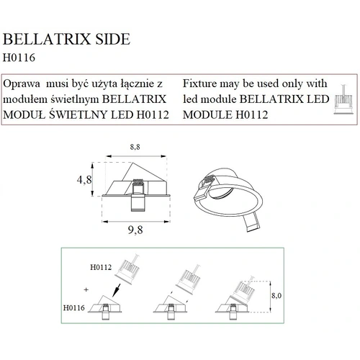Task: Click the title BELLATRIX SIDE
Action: (x=66, y=39)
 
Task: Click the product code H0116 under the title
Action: (x=19, y=58)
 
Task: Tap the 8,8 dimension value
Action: (x=135, y=147)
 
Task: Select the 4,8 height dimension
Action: (x=84, y=179)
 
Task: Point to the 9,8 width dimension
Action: (x=135, y=230)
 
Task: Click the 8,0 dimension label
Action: (x=276, y=295)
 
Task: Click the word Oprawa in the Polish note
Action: (x=22, y=84)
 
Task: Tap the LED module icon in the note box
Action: (x=343, y=99)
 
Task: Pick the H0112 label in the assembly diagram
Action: (x=101, y=267)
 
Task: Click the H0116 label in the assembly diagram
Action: (x=74, y=307)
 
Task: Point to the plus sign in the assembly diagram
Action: (x=86, y=289)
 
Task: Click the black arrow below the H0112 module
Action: (x=117, y=290)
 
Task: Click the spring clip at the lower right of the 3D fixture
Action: (x=252, y=222)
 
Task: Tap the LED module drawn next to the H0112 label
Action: (x=127, y=269)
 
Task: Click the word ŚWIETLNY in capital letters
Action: (x=78, y=114)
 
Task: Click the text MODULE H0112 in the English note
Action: (x=225, y=114)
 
